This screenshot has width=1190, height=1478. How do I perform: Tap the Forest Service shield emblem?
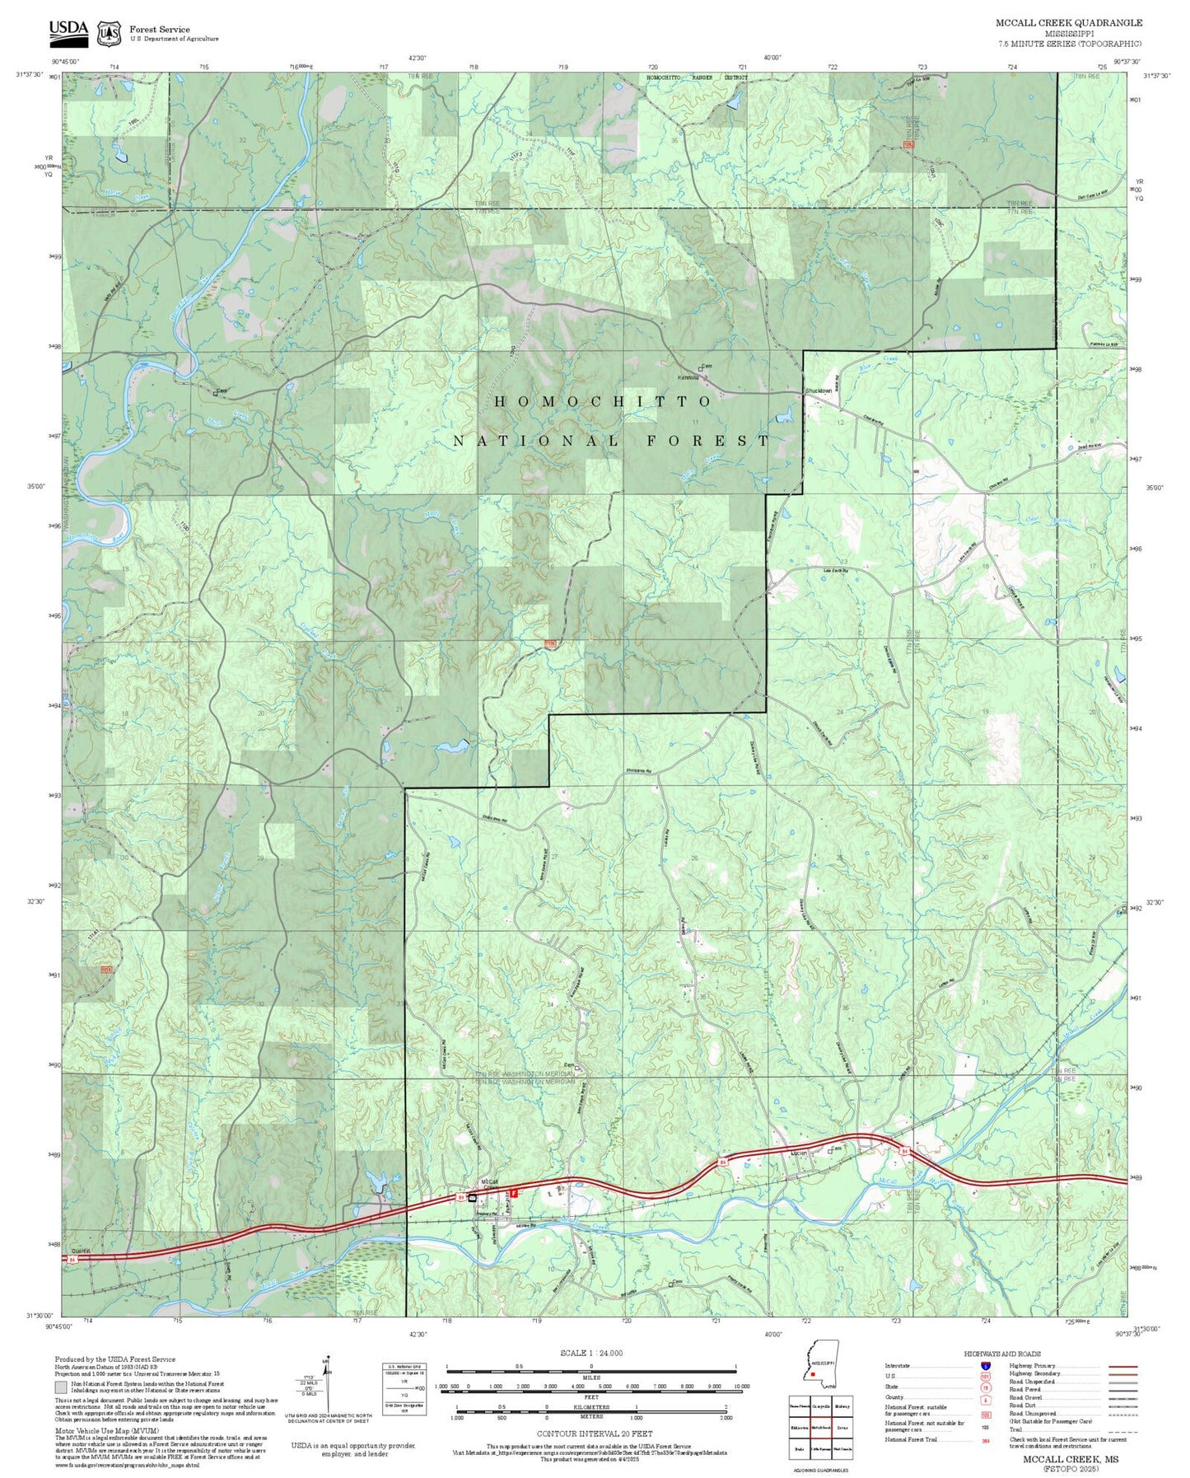tap(108, 33)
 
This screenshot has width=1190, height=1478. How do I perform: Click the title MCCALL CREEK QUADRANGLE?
tap(1068, 23)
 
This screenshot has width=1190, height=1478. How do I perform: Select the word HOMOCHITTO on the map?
tap(603, 401)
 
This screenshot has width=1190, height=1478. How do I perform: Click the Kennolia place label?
tap(688, 378)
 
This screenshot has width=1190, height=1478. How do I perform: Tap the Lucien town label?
tap(798, 1153)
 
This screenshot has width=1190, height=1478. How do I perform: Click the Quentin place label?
tap(82, 1251)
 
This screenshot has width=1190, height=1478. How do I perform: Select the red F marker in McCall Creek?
tap(514, 1192)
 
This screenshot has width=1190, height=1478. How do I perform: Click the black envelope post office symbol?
tap(472, 1198)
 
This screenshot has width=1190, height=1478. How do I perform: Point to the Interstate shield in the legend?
tap(985, 1366)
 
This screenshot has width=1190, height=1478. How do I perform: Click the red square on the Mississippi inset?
tap(813, 1374)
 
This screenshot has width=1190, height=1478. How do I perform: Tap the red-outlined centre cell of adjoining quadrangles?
tap(819, 1426)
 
